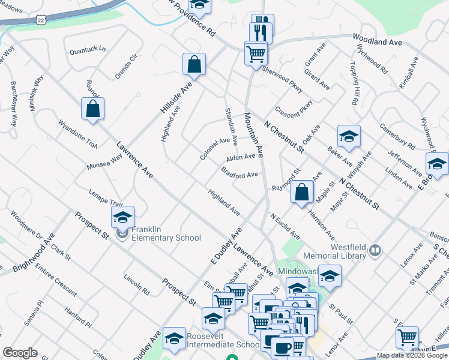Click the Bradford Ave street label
pos(239,175)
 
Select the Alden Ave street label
pos(241,158)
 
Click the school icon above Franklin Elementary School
pos(123,218)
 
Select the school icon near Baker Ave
pos(348,137)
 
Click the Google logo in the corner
pos(19,353)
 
